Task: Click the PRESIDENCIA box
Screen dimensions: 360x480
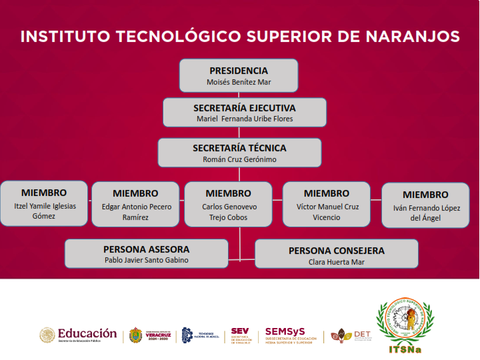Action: (x=239, y=75)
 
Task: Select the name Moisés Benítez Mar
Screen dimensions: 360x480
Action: (x=239, y=83)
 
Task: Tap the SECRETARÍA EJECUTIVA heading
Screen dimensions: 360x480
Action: (x=245, y=107)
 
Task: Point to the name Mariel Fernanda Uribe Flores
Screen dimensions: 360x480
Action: (x=245, y=119)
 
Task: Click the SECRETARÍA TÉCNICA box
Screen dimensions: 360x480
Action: (x=239, y=153)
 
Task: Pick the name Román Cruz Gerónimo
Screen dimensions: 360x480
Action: (x=239, y=159)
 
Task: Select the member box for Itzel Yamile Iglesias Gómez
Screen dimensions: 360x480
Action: (x=45, y=203)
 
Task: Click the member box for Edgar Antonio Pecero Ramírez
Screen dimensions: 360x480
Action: (x=136, y=204)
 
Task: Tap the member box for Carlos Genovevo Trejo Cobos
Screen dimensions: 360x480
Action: (x=229, y=204)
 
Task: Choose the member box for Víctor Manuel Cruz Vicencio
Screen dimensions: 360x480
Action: (x=327, y=204)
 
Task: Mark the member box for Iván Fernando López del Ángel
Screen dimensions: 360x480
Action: (x=425, y=205)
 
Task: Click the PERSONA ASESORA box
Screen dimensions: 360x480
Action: (x=151, y=253)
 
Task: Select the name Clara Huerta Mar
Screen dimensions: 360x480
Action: (x=337, y=262)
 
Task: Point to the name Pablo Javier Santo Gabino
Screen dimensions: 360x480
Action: (x=151, y=260)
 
